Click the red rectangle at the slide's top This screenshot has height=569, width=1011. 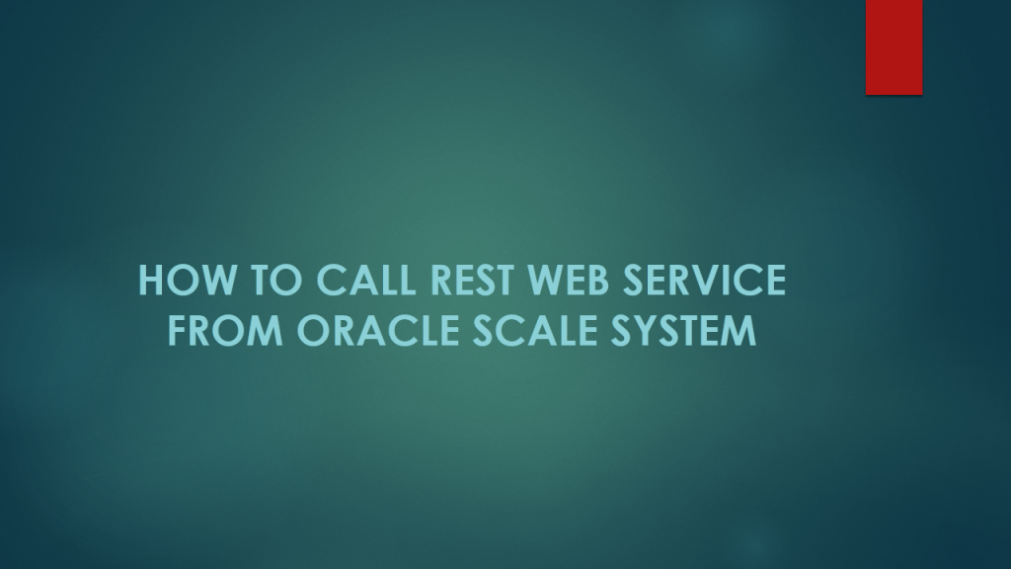click(x=894, y=46)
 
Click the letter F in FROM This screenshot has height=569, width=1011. click(x=178, y=331)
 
